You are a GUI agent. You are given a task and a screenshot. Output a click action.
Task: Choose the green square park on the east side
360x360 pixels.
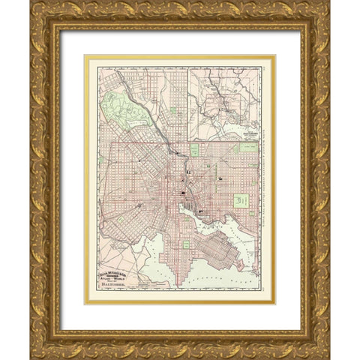241,199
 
